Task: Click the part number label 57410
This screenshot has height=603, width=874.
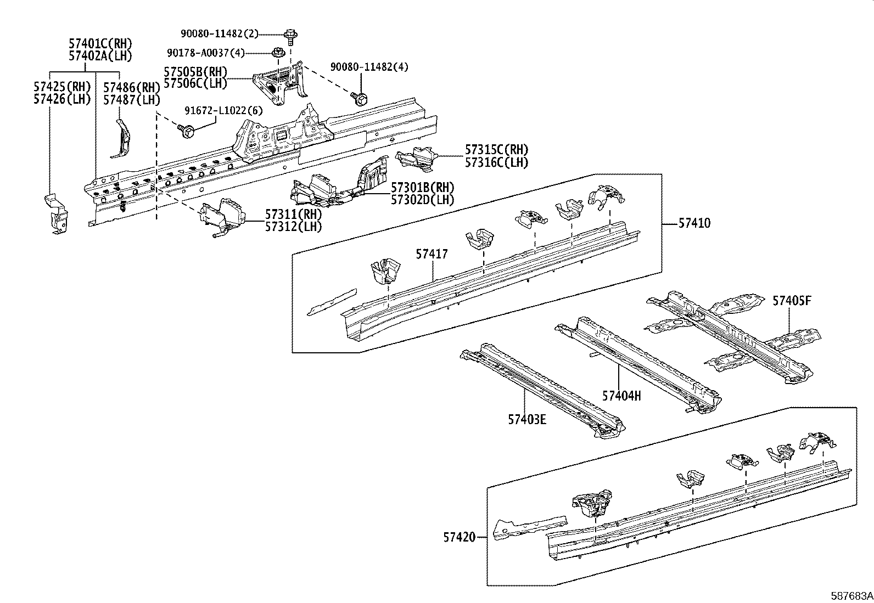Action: pos(694,223)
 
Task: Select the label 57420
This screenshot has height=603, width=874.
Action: pos(460,538)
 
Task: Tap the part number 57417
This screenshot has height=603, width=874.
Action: pos(432,254)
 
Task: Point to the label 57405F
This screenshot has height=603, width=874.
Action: pos(792,301)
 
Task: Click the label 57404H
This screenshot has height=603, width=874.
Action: pos(621,395)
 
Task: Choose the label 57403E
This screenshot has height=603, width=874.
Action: pos(527,420)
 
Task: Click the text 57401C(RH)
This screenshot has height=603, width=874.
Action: pos(100,43)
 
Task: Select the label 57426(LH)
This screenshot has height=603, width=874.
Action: pos(61,99)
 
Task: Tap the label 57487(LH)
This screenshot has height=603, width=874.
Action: pos(132,100)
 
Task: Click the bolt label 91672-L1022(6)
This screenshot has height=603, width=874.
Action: pos(223,110)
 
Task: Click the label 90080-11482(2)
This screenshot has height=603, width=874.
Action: pos(220,33)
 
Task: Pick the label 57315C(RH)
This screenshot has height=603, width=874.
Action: pos(496,150)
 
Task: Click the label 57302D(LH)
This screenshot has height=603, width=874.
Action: pos(423,200)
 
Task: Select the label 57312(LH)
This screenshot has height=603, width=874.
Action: pos(294,226)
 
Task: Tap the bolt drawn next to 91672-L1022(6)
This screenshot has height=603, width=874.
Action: pos(186,131)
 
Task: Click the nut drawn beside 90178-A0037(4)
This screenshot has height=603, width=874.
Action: pos(278,53)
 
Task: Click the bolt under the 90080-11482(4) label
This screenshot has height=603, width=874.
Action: pos(360,99)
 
